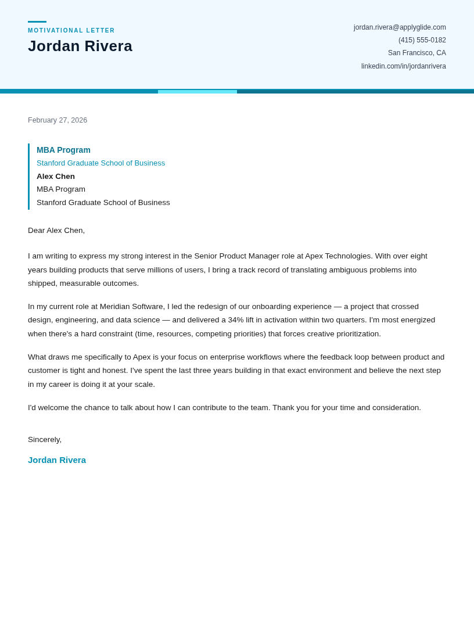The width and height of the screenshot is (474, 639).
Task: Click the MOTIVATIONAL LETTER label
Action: coord(71,30)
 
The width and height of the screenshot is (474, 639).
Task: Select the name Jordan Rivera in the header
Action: coord(80,46)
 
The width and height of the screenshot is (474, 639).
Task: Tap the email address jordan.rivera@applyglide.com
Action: coord(400,27)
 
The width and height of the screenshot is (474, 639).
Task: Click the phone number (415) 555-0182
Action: coord(422,40)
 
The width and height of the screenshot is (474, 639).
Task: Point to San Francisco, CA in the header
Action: coord(416,53)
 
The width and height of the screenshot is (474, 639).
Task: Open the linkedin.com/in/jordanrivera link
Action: coord(403,66)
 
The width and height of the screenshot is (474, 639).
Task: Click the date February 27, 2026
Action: coord(58,120)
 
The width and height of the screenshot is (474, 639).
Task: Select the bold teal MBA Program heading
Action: coord(63,150)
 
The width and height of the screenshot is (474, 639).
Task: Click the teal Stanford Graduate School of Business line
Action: coord(100,163)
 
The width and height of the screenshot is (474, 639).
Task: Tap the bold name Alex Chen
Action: coord(56,177)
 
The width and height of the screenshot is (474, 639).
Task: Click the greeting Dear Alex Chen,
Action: coord(56,231)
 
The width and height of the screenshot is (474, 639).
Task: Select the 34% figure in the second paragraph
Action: coord(235,320)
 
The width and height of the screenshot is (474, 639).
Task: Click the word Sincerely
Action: coord(44,440)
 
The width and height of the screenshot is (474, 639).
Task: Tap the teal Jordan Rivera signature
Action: coord(57,460)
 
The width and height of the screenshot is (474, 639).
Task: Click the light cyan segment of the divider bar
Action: coord(198,91)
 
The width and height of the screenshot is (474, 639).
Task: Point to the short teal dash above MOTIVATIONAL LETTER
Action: coord(37,21)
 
